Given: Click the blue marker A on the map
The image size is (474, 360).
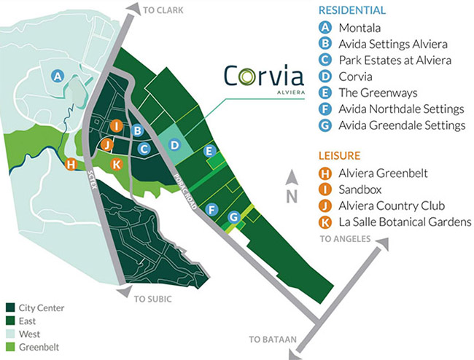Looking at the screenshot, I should point(58,75).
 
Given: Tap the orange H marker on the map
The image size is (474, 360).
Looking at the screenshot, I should point(71,164).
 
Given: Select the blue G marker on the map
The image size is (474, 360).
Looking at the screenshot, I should point(233,216).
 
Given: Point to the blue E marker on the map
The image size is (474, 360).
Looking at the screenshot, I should point(209,152).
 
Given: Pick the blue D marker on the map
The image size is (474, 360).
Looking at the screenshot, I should point(174,145).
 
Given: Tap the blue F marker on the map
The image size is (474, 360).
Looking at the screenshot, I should point(212,210).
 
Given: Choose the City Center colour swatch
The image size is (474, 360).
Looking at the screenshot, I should point(10,308).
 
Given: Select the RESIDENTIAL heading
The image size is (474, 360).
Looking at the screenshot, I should point(352,11).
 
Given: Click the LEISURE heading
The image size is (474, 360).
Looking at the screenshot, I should point(340,155).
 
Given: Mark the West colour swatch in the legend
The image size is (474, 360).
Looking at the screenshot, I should point(10,333).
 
